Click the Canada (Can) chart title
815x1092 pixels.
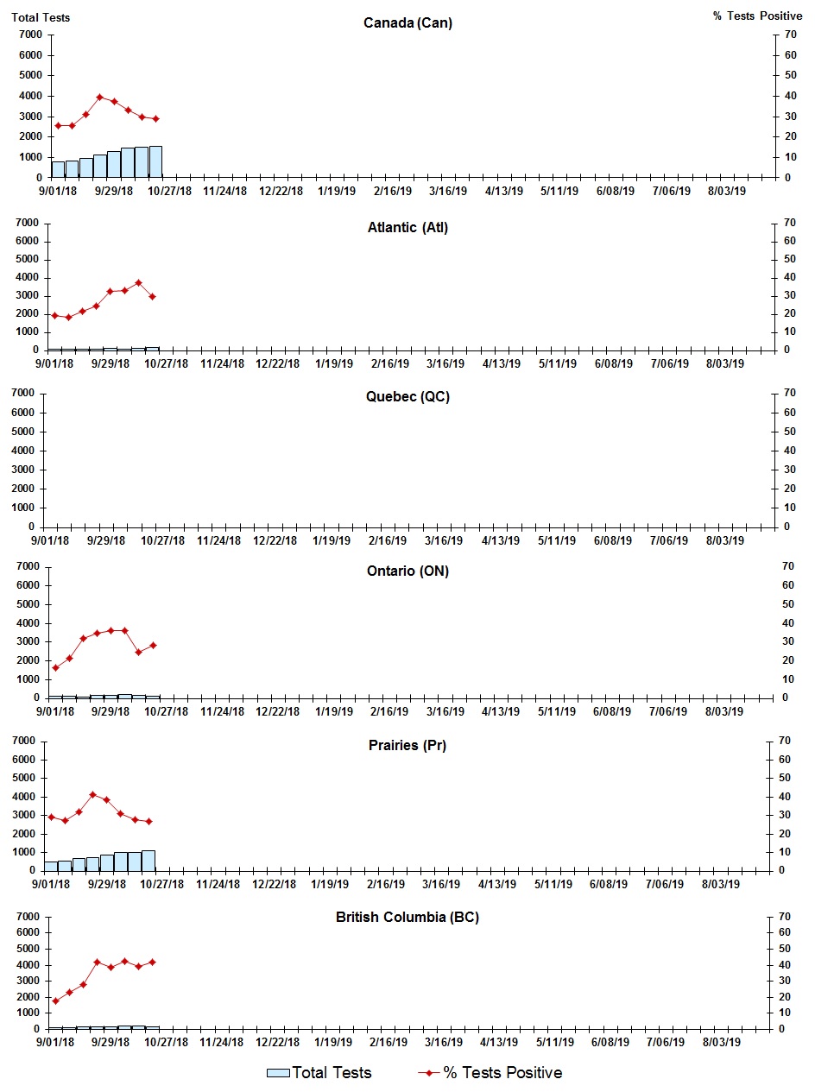[x=407, y=22]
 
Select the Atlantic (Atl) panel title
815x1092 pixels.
[x=407, y=228]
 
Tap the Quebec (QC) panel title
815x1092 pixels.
[x=407, y=397]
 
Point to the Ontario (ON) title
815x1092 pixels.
[x=407, y=571]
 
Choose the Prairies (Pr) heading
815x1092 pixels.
[x=407, y=745]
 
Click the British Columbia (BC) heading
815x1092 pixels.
[x=407, y=917]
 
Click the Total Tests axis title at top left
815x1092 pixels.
[x=41, y=17]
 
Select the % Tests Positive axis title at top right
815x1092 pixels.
[x=757, y=17]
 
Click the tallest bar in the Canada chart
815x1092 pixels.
[x=155, y=161]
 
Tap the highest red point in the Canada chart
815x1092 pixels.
[x=99, y=97]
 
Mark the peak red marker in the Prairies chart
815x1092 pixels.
[x=92, y=794]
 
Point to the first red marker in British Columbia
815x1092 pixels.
[x=55, y=1001]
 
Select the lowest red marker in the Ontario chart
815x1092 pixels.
[x=55, y=667]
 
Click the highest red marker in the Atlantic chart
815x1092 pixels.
[x=138, y=282]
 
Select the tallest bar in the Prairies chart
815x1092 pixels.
[x=148, y=861]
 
